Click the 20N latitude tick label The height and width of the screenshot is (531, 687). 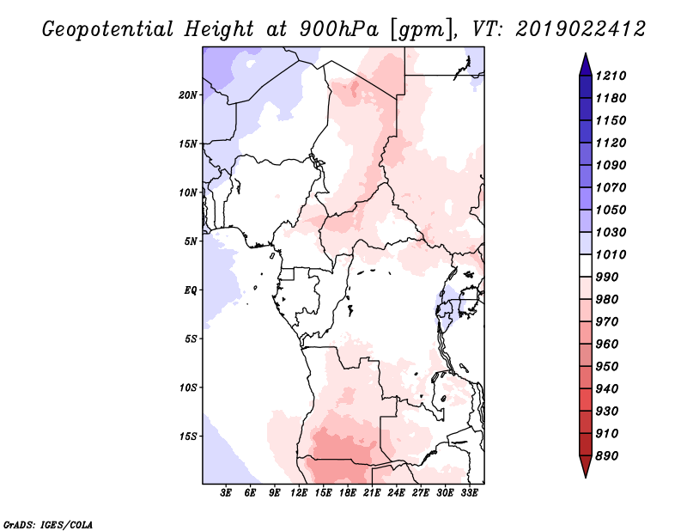click(188, 95)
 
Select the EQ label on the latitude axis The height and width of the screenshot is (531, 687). click(191, 290)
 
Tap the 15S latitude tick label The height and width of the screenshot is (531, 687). click(188, 436)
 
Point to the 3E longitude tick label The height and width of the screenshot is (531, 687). click(226, 492)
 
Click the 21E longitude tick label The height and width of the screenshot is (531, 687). click(372, 492)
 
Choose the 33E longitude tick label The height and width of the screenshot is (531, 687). click(469, 492)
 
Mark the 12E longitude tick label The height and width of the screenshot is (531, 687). click(299, 492)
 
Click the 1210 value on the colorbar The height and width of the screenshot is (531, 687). click(611, 76)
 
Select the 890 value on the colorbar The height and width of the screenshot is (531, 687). click(607, 456)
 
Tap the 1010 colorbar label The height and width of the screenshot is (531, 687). click(611, 254)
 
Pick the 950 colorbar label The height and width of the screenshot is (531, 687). click(607, 367)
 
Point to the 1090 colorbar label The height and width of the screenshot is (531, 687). click(611, 165)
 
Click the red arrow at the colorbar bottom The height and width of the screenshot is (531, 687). click(586, 466)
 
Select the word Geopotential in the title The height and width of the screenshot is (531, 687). click(108, 29)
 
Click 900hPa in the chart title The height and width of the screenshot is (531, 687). click(339, 29)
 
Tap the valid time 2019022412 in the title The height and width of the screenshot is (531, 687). click(581, 29)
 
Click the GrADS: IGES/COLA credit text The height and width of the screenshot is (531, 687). click(48, 525)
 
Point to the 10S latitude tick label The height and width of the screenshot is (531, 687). click(188, 388)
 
